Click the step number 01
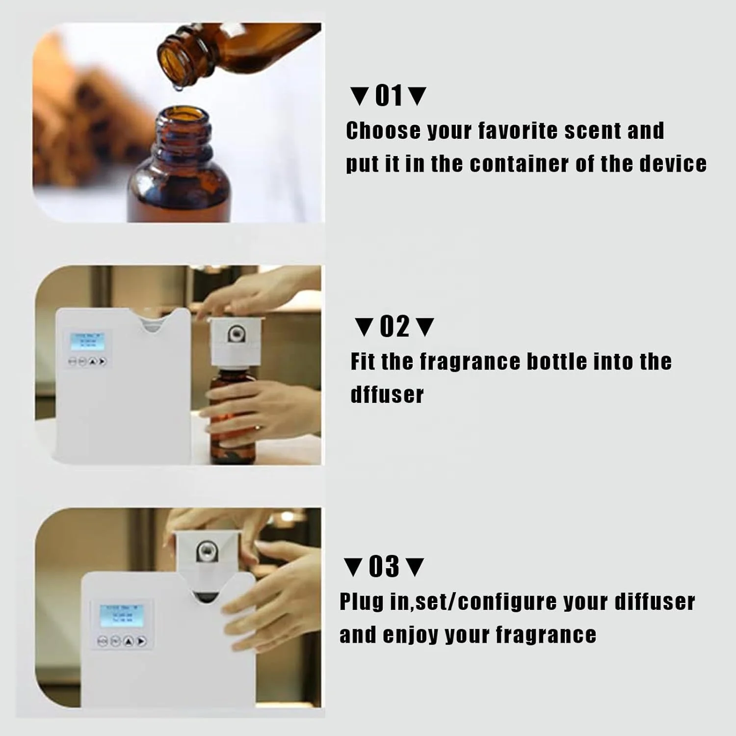389,96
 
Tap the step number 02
394,327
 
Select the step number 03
384,567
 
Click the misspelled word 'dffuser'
387,395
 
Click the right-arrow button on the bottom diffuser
141,641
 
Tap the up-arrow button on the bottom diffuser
129,641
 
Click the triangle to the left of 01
360,96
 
